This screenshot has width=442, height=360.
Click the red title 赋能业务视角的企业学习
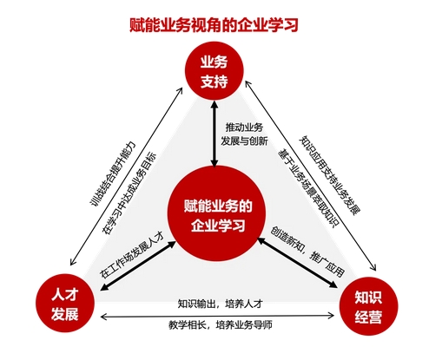point(214,25)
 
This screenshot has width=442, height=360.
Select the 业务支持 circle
point(214,70)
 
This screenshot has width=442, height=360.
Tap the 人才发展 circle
point(65,303)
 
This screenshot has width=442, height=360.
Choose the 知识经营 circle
point(368,305)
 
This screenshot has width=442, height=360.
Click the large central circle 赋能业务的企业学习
point(217,214)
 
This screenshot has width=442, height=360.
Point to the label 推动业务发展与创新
point(244,134)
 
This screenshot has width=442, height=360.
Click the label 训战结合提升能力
point(113,174)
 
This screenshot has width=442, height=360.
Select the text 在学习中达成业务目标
point(129,193)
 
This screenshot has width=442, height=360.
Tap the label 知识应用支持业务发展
point(329,175)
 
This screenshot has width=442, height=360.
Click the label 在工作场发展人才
point(132,255)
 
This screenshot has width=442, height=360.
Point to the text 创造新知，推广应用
point(307,252)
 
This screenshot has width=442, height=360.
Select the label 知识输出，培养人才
point(221,304)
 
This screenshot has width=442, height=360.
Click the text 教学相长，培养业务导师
point(221,325)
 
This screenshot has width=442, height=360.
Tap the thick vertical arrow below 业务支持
point(214,134)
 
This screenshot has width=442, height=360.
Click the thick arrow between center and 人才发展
point(138,265)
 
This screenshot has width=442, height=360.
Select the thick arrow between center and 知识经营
point(298,263)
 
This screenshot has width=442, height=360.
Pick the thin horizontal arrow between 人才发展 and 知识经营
point(217,317)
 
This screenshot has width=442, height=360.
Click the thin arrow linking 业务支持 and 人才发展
point(126,176)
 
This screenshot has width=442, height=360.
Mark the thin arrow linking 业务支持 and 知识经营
point(311,176)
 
